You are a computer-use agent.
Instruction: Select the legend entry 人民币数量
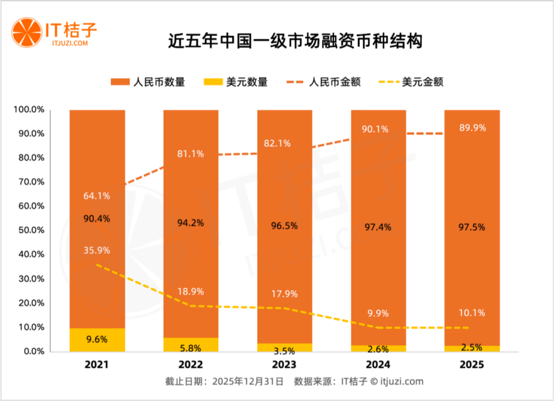148,82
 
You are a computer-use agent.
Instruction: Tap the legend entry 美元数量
235,82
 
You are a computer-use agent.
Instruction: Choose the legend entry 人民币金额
324,82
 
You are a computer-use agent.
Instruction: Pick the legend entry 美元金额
410,82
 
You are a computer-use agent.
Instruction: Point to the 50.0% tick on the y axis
30,230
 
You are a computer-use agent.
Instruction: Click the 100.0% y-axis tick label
29,110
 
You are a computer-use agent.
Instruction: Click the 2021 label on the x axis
97,365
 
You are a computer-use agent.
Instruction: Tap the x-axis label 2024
379,365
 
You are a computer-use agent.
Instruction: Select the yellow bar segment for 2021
97,340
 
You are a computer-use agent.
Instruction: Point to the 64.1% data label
97,196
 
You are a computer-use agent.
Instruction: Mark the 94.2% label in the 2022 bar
191,223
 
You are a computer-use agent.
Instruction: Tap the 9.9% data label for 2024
378,313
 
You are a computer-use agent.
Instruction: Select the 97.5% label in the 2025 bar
471,227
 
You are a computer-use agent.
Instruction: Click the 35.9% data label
97,251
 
